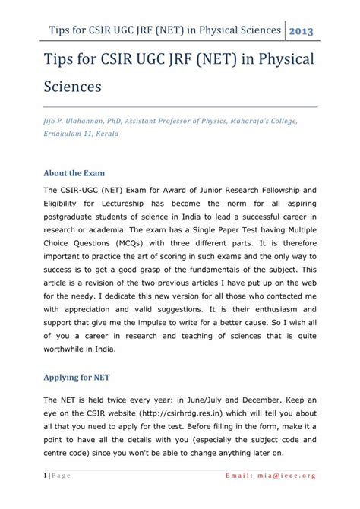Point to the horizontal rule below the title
[180, 106]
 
